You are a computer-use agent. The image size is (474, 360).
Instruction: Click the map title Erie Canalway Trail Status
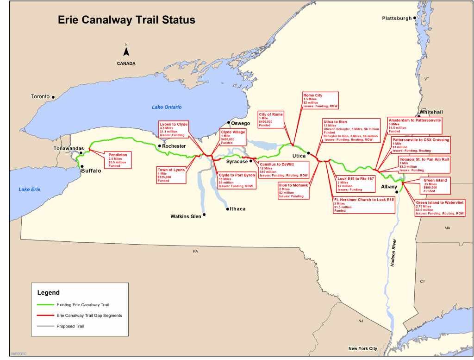[126, 20]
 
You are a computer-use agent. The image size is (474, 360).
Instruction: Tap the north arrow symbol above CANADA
[126, 51]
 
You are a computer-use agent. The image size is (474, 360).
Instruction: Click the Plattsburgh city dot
[416, 18]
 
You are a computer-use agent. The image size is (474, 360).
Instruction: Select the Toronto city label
[40, 96]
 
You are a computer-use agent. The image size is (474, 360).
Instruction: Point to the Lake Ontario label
[167, 107]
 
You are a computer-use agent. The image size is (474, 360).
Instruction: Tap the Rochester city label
[175, 146]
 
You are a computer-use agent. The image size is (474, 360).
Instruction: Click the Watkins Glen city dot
[204, 215]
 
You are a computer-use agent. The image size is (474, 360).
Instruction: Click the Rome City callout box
[320, 100]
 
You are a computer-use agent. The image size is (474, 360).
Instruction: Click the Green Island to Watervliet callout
[440, 208]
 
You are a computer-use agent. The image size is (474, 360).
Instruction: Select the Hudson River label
[393, 252]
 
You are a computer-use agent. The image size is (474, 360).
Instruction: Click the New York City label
[363, 348]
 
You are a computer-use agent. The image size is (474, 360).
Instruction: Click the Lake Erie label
[30, 189]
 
